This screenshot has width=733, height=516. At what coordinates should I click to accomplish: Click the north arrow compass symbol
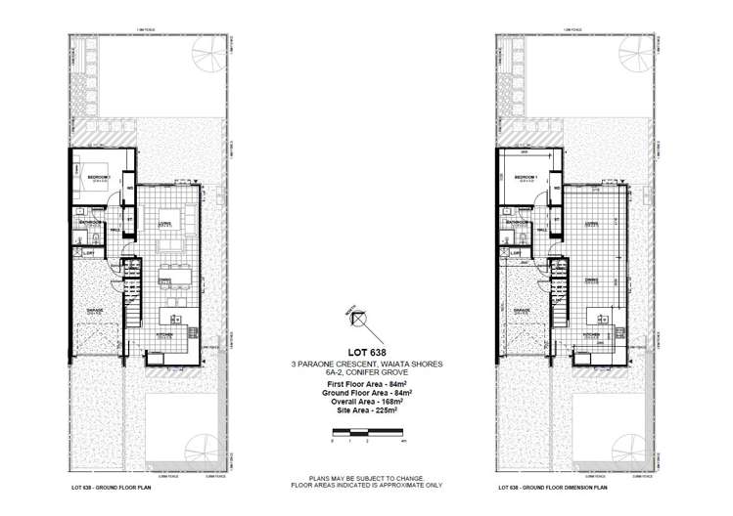359,319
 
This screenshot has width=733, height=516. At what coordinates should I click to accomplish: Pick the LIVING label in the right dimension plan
591,225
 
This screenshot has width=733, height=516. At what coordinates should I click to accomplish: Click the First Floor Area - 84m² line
359,384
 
